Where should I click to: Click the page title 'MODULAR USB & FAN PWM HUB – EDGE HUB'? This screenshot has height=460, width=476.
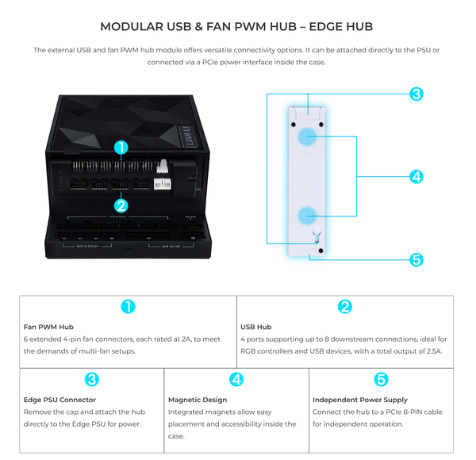[238, 26]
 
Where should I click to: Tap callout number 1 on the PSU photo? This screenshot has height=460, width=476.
[121, 148]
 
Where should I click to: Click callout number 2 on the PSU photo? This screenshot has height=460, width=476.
[121, 205]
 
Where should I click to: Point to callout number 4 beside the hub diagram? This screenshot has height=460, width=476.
[416, 176]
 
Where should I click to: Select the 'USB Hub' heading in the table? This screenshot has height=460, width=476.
[255, 326]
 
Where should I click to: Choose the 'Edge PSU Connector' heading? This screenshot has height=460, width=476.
[60, 400]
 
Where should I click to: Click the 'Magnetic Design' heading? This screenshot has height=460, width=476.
[198, 400]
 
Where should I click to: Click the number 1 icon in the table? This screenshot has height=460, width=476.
[128, 306]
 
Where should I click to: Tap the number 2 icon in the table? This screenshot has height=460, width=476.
[344, 306]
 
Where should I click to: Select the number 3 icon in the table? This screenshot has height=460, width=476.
[91, 380]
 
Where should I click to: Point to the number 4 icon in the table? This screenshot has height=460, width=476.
[236, 380]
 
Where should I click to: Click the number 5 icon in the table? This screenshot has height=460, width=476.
[381, 380]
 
